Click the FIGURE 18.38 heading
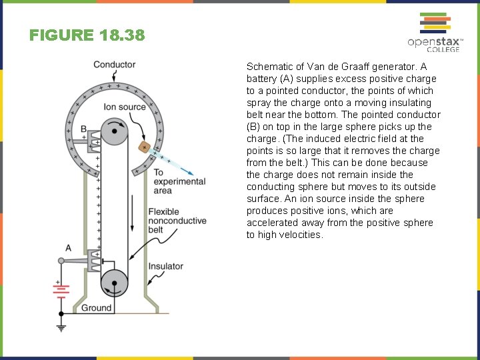87,35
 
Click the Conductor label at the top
114,65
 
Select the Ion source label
125,107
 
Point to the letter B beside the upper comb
83,129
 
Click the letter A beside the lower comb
68,248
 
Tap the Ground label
96,308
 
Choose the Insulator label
165,266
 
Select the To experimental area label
179,181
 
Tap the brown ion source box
143,147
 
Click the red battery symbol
61,289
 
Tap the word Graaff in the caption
361,67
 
